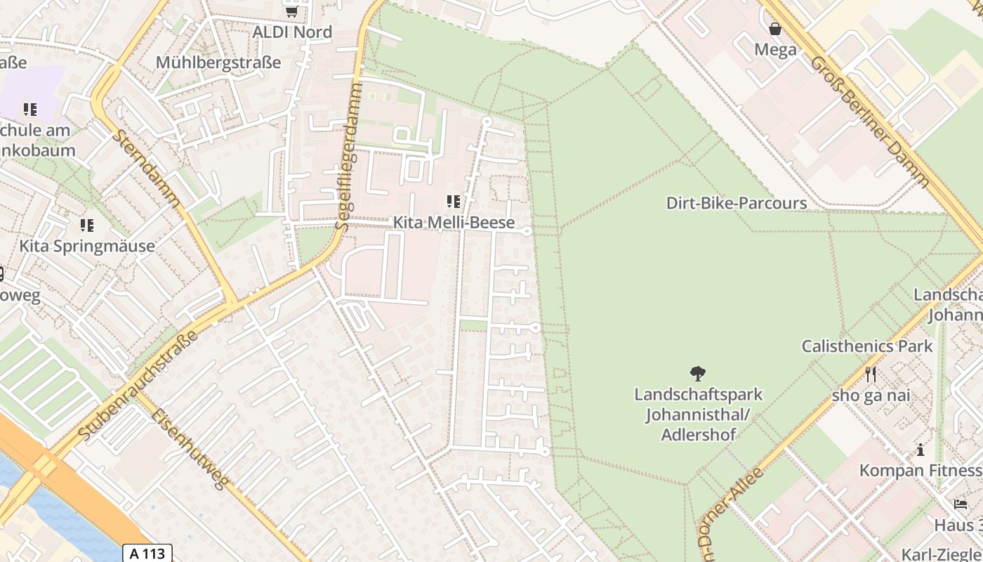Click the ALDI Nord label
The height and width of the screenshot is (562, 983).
click(x=291, y=32)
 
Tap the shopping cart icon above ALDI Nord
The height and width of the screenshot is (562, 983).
click(x=291, y=11)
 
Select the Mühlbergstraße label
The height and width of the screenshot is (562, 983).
click(x=218, y=63)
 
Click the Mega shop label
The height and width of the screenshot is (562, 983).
click(x=775, y=50)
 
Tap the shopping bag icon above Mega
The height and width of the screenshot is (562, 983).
click(x=775, y=29)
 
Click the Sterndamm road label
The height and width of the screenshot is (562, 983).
click(x=145, y=169)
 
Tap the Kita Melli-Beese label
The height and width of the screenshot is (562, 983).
click(x=454, y=223)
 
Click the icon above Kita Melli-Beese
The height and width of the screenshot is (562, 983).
click(x=454, y=202)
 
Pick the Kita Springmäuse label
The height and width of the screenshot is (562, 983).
click(x=87, y=246)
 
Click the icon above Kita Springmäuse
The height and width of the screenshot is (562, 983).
click(x=87, y=226)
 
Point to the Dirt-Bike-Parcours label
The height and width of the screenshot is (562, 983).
click(x=736, y=204)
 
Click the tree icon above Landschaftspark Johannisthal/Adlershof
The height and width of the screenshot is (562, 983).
click(x=698, y=374)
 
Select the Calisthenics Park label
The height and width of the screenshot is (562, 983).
click(x=867, y=346)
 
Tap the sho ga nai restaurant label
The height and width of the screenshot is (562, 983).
click(x=871, y=395)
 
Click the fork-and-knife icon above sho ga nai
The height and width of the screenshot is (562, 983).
click(x=871, y=374)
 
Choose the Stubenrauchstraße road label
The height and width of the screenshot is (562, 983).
click(x=138, y=385)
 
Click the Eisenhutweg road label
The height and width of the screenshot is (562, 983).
click(x=190, y=448)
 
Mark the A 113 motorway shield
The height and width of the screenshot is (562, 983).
click(x=148, y=554)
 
